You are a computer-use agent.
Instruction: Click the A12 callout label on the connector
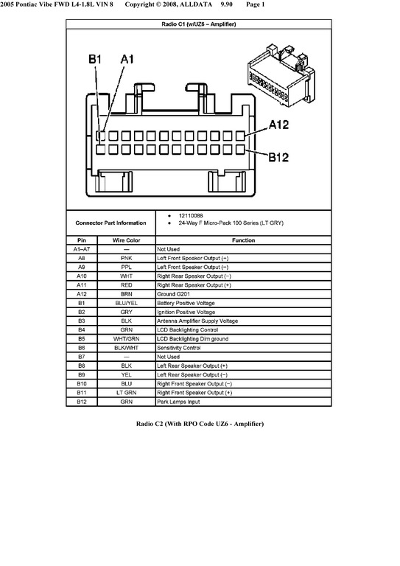click(278, 125)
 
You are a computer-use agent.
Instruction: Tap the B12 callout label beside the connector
click(278, 157)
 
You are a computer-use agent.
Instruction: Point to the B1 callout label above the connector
click(95, 59)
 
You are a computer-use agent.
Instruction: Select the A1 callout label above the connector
click(127, 59)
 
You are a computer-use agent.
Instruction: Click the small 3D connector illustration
click(281, 75)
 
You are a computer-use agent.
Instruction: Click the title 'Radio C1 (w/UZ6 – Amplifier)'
click(199, 24)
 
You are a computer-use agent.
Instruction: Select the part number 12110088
click(191, 215)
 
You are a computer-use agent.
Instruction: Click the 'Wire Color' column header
click(126, 240)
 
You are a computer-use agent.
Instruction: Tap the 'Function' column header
click(244, 240)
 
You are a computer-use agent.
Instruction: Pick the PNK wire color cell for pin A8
click(126, 259)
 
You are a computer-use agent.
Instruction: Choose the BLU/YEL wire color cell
click(126, 303)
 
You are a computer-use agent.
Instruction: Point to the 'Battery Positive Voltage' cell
click(186, 303)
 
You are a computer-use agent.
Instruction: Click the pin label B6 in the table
click(82, 348)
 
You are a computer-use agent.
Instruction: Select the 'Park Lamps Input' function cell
click(178, 402)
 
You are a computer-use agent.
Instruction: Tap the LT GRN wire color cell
click(126, 393)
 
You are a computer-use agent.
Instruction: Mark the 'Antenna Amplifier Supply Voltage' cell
click(197, 321)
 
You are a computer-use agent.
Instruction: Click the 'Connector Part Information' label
click(110, 223)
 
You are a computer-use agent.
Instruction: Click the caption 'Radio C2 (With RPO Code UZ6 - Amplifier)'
click(200, 424)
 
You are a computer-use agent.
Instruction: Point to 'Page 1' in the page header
click(256, 4)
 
